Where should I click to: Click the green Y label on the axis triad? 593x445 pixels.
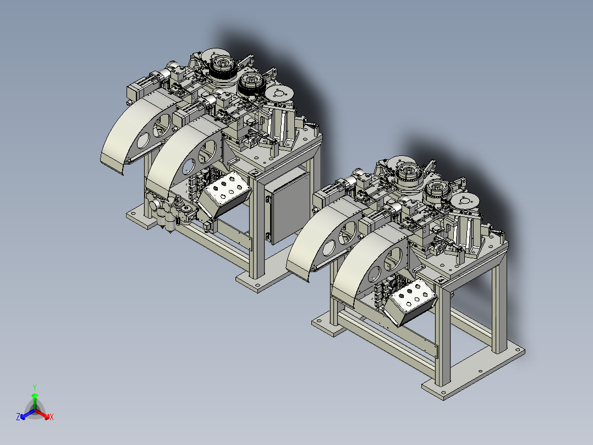35,387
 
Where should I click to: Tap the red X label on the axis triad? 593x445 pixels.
52,417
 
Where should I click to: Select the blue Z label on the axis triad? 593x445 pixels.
18,416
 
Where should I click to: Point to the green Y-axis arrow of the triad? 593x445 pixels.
35,401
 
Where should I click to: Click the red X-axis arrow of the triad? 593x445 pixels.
42,414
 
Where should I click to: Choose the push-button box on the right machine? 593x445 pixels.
411,302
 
